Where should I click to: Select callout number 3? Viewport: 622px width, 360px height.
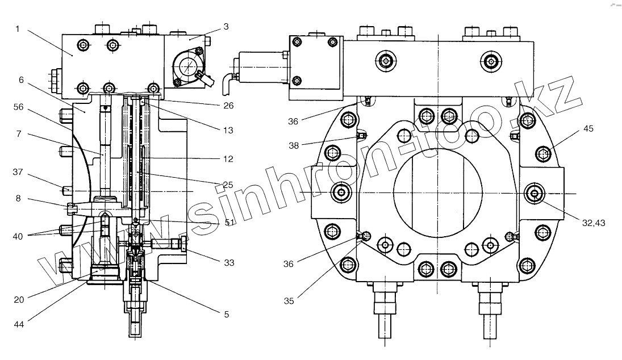[x=226, y=27]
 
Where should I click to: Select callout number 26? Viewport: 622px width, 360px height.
[x=228, y=105]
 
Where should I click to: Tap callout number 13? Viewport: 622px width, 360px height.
[x=228, y=129]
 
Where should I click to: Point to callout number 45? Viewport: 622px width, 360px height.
[x=587, y=129]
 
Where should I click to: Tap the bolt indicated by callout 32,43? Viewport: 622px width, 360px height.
[x=535, y=194]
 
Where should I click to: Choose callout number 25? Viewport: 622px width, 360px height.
[x=228, y=185]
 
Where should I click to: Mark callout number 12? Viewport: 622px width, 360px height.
[x=228, y=160]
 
